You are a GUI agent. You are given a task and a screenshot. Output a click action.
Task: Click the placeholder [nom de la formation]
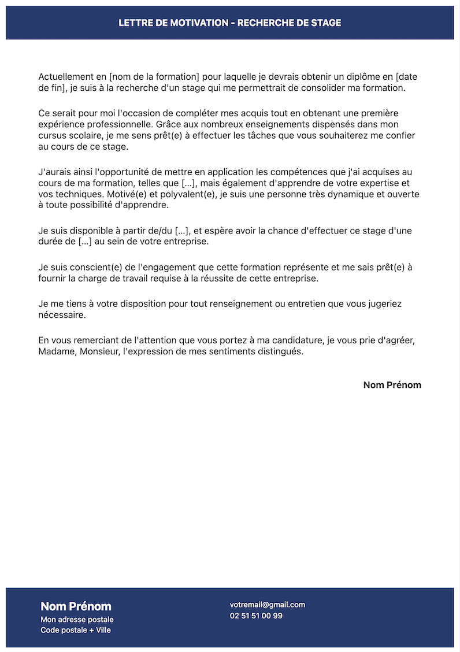coord(154,77)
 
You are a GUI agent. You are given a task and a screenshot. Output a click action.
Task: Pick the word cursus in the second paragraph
coord(52,136)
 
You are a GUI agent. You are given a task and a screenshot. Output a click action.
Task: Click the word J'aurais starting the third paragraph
coord(55,172)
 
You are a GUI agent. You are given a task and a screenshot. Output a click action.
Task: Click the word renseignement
coord(227,303)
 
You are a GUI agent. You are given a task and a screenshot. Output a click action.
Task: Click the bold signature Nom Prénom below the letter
coord(392,385)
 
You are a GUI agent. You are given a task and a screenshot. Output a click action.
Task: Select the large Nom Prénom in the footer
coord(76,606)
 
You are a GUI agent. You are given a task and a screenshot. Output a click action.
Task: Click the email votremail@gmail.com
coord(267,605)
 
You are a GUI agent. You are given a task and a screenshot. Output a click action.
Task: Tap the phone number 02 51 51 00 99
coord(256,616)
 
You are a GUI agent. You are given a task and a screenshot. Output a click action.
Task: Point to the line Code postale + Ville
coord(75,630)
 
